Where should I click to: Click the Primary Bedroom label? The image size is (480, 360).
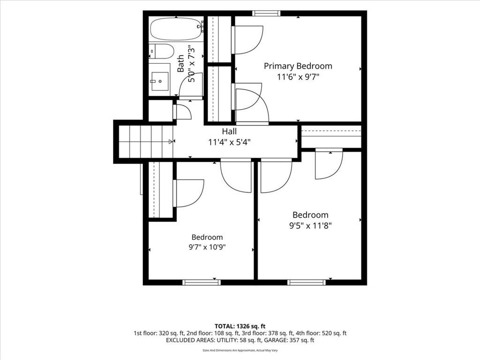298,66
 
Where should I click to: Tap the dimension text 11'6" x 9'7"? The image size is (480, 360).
298,77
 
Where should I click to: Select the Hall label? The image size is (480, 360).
229,132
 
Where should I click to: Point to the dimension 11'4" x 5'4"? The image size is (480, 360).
229,142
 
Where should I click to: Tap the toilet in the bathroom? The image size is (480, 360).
161,52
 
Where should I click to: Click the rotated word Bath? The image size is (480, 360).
181,63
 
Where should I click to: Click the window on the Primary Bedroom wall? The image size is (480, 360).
266,13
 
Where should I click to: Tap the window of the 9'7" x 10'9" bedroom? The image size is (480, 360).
202,282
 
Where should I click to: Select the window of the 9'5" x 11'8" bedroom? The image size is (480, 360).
307,282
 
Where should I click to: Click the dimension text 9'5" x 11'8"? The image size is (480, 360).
310,226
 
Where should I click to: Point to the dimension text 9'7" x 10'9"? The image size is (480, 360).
207,247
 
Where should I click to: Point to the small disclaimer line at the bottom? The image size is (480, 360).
240,350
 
